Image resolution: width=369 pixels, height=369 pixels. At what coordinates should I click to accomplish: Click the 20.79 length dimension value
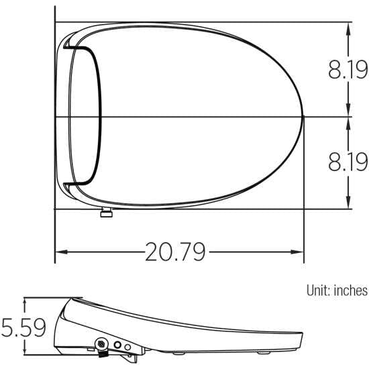pyautogui.click(x=175, y=252)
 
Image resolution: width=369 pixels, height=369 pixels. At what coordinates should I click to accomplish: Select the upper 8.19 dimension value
pyautogui.click(x=348, y=69)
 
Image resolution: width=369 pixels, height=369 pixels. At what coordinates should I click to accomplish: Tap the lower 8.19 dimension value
pyautogui.click(x=348, y=162)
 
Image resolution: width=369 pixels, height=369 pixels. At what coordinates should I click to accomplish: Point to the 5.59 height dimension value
pyautogui.click(x=23, y=327)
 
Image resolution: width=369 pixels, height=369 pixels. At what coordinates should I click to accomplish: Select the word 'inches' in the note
pyautogui.click(x=351, y=291)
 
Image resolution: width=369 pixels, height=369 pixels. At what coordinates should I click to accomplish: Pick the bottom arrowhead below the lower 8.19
pyautogui.click(x=348, y=202)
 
